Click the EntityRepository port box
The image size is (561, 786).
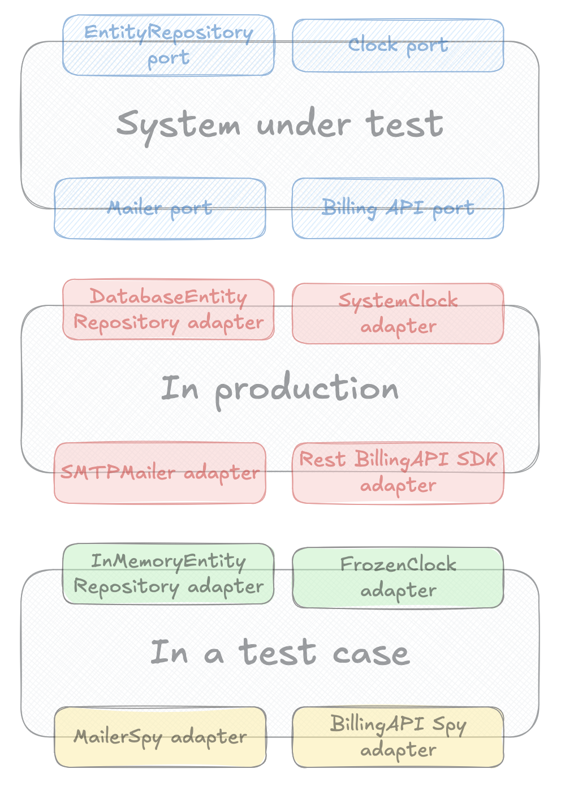(169, 45)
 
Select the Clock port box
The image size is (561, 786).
(398, 45)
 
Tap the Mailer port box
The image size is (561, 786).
(160, 208)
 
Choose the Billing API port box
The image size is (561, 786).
(398, 208)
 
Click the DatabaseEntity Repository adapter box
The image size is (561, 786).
(169, 309)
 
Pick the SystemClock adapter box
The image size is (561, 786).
(398, 313)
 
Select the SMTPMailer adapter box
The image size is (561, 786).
(160, 473)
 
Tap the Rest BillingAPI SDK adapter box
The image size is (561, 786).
(398, 473)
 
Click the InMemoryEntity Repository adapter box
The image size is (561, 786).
(169, 573)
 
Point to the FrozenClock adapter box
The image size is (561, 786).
(398, 577)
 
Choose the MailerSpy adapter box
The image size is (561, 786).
(160, 737)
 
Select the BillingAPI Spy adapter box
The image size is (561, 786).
(398, 737)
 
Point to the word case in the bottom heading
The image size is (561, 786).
(371, 654)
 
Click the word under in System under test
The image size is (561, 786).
(303, 124)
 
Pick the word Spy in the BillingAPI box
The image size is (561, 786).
(449, 725)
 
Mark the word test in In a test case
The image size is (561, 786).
(277, 653)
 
